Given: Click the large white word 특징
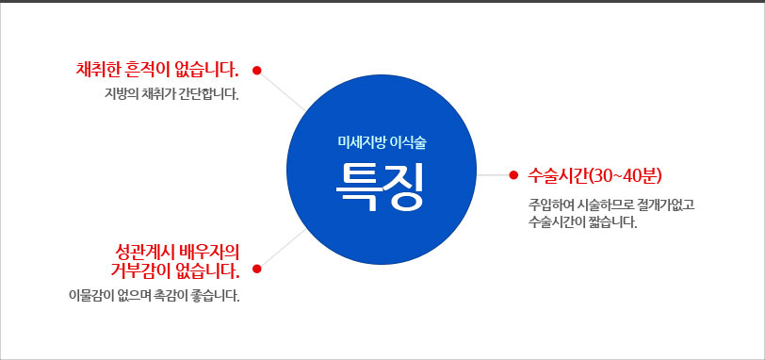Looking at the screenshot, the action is (x=380, y=188).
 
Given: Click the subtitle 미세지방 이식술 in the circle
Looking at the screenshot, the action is (x=382, y=142).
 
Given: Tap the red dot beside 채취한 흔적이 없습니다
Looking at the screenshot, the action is (x=257, y=71).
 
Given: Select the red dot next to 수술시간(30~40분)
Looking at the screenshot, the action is (x=513, y=174).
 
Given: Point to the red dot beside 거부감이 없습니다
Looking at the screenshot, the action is (x=257, y=269).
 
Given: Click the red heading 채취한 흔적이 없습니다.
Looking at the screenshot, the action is (x=157, y=70).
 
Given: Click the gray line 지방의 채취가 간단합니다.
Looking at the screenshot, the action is (x=171, y=92).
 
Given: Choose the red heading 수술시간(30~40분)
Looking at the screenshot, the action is (x=594, y=175).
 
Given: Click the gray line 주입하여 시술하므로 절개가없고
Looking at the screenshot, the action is (x=610, y=204).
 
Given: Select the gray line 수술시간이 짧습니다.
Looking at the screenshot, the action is (x=582, y=222).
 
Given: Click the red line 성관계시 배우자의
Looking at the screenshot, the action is (x=177, y=252).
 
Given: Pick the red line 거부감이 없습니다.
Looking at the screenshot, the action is (x=175, y=270).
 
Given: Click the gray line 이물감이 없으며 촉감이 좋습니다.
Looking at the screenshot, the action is (x=155, y=295).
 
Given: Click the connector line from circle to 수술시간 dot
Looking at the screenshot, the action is (x=493, y=174).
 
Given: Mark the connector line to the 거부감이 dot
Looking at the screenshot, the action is (x=282, y=248).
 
